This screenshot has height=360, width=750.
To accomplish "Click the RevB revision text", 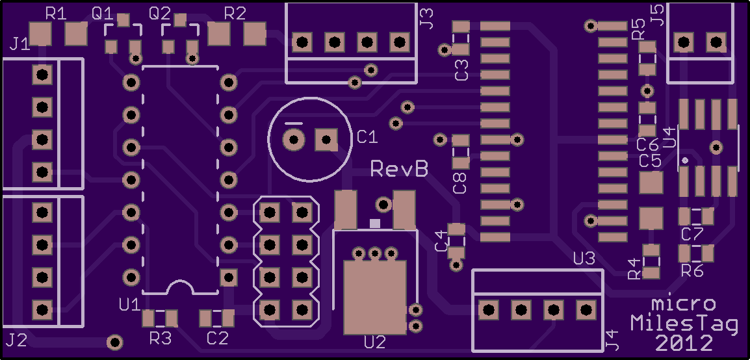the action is tap(400, 168).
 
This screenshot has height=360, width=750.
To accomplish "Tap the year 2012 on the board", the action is tap(684, 343).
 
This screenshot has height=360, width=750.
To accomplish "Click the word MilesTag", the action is tap(684, 324).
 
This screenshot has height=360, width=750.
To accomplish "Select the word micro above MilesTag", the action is tap(684, 303).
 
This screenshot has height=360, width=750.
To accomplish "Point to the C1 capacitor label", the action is tap(367, 138).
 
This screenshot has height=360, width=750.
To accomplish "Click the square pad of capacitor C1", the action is tap(326, 140).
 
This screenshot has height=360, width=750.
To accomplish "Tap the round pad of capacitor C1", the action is tap(294, 140).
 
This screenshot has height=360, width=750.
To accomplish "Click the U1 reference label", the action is tap(129, 304).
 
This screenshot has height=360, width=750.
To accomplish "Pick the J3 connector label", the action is tap(426, 19).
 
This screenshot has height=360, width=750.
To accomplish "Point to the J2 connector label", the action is tap(16, 340).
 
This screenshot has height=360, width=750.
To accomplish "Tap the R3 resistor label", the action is tap(161, 339).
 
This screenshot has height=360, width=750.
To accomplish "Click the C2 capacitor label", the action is tap(218, 339).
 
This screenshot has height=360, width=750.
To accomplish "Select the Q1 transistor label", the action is tap(103, 14).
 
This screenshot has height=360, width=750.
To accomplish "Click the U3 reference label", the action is tap(584, 259).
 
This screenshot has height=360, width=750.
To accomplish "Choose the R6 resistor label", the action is tap(692, 271).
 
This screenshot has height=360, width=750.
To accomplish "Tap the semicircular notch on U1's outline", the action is tap(180, 283).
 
